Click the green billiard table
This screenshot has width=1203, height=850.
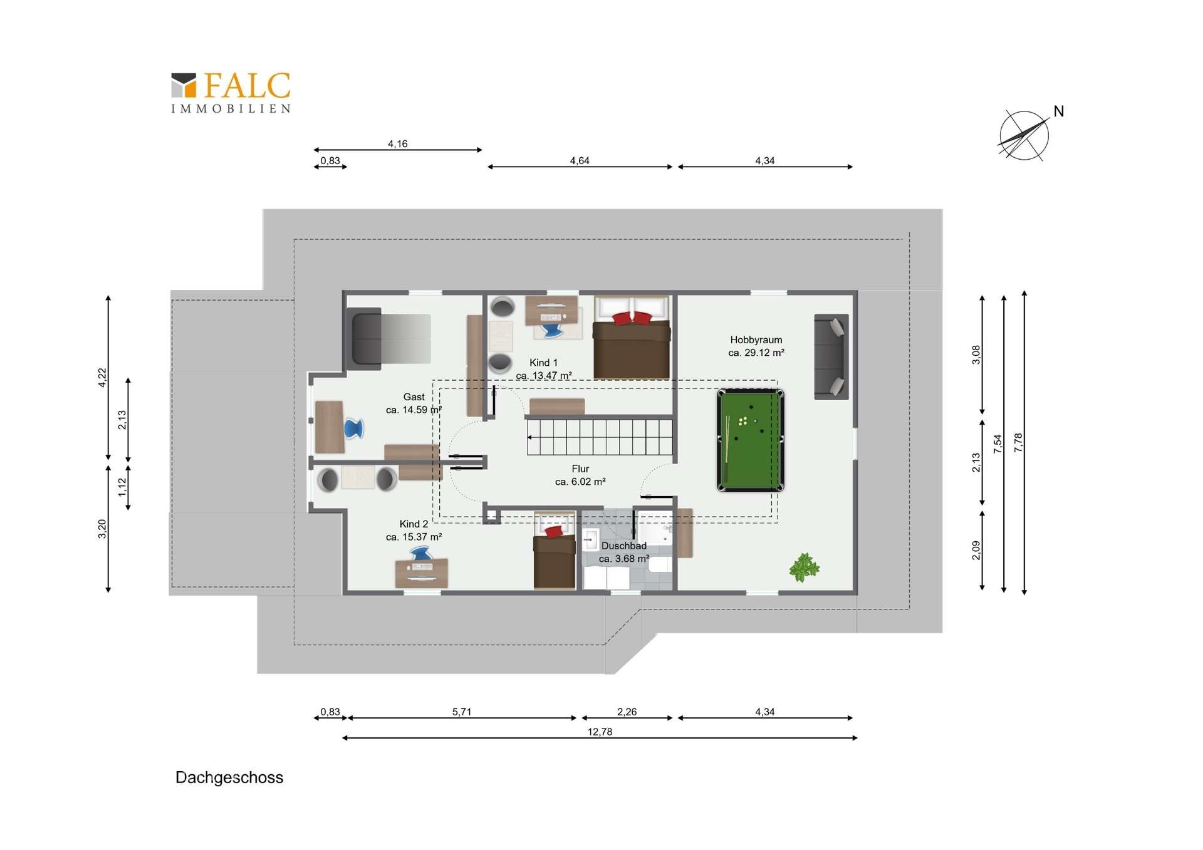(x=751, y=440)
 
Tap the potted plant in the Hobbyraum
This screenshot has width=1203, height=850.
(x=804, y=568)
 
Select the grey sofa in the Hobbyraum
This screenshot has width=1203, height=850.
(x=831, y=357)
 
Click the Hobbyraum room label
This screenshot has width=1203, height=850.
(x=756, y=346)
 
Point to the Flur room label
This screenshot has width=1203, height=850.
(x=580, y=475)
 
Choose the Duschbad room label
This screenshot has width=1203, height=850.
(x=624, y=552)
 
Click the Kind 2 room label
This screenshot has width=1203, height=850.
(x=414, y=531)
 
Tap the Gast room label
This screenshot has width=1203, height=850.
(x=414, y=403)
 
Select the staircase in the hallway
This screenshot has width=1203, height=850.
(x=600, y=437)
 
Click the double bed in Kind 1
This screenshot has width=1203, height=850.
(x=632, y=337)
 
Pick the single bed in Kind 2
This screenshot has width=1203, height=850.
(x=555, y=551)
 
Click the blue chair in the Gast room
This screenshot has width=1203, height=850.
(x=353, y=428)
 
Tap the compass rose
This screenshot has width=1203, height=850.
(x=1024, y=135)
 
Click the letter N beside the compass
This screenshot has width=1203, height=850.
(x=1059, y=111)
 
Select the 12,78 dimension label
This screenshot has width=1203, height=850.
(x=600, y=732)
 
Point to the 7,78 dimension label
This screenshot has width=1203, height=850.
(x=1018, y=443)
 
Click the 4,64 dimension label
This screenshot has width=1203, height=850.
(x=580, y=161)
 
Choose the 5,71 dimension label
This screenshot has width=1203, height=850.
(x=462, y=712)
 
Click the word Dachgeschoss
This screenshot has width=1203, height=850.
(x=229, y=778)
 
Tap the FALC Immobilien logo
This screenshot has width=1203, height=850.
(x=231, y=93)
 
